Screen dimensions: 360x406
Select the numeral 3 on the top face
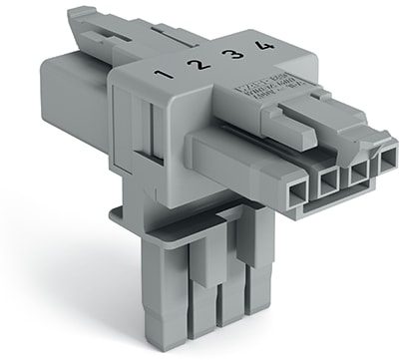click(228, 56)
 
